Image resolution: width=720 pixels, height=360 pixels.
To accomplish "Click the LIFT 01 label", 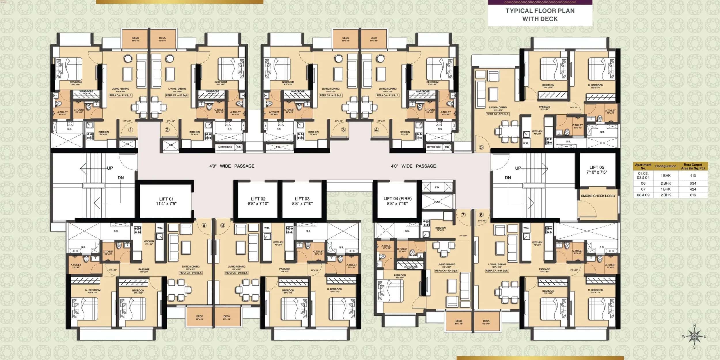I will coord(166,201).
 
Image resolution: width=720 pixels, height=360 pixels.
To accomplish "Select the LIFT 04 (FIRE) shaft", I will coord(397,201).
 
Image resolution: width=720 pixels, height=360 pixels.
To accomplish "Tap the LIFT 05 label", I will coord(596,170).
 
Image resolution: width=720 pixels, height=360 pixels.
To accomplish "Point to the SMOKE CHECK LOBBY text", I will coord(598,196).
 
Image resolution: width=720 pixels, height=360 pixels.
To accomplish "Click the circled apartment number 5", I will coord(481,147).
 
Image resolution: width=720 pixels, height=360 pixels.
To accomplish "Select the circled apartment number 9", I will coord(204,225).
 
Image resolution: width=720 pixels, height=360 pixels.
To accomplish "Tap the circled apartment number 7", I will coord(463,215).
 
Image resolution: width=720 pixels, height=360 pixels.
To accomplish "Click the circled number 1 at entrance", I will coord(130,130).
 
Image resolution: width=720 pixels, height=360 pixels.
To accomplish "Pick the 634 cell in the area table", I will coord(693,183).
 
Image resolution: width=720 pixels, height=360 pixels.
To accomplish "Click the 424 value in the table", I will coord(693,189).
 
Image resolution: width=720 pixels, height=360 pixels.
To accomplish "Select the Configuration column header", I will coord(666,166).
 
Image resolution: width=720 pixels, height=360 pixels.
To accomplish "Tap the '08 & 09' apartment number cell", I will coord(643,195).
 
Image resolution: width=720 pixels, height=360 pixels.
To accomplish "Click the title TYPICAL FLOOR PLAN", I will coord(540,11).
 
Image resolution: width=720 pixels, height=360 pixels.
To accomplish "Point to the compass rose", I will coord(694,336).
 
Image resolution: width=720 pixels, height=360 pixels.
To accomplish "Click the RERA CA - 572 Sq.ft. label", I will coord(498,114).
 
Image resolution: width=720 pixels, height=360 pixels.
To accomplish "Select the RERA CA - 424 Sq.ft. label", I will coord(446,271).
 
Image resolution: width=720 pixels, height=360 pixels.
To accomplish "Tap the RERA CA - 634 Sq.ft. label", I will coord(497,271).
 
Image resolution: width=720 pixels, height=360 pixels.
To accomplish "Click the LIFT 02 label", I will coord(258,201).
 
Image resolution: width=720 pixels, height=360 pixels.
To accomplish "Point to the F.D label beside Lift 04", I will coord(437,187).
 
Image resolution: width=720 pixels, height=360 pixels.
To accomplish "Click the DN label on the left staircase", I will coord(121,178).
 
